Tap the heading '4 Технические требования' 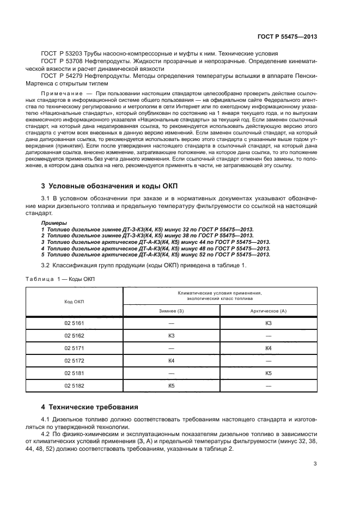[91, 407]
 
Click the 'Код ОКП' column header [74, 302]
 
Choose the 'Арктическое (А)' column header [268, 310]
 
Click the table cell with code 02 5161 [74, 323]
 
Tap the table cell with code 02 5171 [74, 348]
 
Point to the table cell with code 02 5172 [74, 360]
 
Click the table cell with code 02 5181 [74, 373]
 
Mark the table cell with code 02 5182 [74, 385]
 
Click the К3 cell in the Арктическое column [268, 323]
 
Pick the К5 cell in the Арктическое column [268, 373]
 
